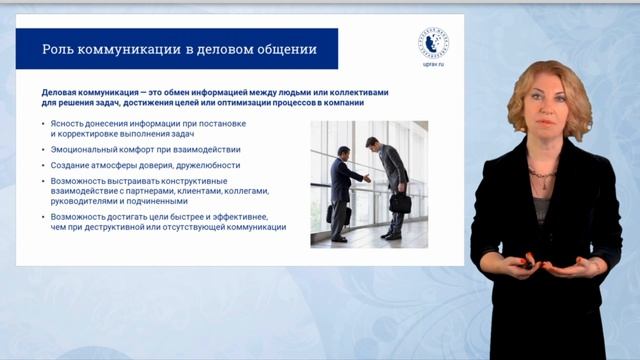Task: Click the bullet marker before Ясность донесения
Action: tap(45, 123)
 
